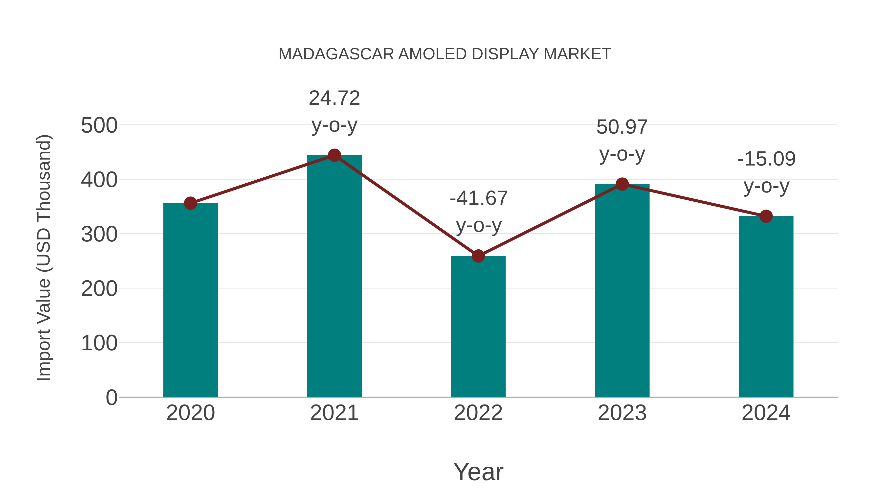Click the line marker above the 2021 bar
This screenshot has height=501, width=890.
tap(334, 156)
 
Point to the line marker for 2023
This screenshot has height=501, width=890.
tap(622, 184)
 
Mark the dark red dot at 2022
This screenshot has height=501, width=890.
tap(478, 256)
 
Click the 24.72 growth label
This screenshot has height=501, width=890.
tap(334, 98)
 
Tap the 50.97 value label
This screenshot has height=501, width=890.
tap(622, 127)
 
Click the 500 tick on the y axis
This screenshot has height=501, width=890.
tap(99, 125)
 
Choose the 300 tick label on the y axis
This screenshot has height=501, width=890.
tap(99, 235)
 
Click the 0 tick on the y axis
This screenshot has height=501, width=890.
tap(111, 398)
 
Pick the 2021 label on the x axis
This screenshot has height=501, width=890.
tap(334, 413)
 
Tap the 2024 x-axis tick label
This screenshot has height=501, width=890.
tap(766, 413)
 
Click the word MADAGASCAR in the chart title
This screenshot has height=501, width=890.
tap(336, 54)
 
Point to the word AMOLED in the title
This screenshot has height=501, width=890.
tap(432, 54)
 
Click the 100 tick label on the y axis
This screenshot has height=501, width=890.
tap(99, 343)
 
